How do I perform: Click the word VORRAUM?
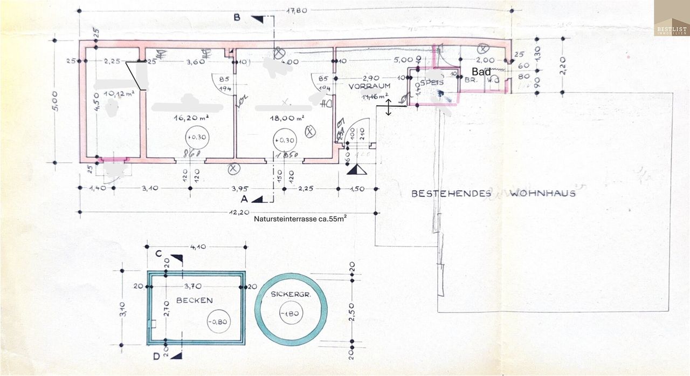pyautogui.click(x=369, y=86)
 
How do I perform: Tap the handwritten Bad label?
pyautogui.click(x=481, y=71)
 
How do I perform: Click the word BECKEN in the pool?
pyautogui.click(x=194, y=300)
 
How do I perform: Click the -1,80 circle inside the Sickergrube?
pyautogui.click(x=291, y=313)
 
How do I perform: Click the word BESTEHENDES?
pyautogui.click(x=451, y=193)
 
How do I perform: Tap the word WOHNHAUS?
pyautogui.click(x=542, y=193)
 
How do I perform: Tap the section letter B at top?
pyautogui.click(x=236, y=17)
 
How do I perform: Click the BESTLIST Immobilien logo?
pyautogui.click(x=672, y=18)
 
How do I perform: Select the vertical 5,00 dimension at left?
pyautogui.click(x=62, y=101)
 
